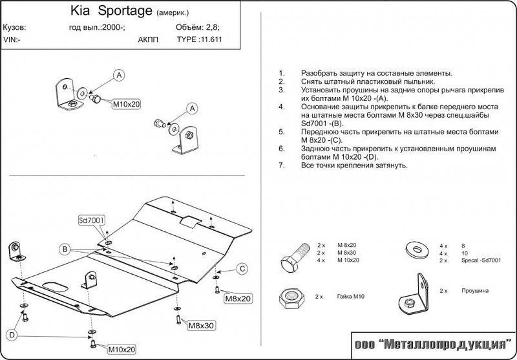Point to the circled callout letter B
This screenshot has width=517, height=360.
(x=65, y=249)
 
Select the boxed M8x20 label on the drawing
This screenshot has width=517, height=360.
(x=238, y=299)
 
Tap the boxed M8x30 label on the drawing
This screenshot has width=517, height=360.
(x=200, y=324)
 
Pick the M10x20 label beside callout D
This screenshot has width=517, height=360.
(x=121, y=350)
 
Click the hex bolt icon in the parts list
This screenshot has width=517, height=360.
(x=291, y=257)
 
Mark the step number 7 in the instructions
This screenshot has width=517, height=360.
(x=281, y=165)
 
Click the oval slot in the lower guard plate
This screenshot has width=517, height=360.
(x=53, y=286)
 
